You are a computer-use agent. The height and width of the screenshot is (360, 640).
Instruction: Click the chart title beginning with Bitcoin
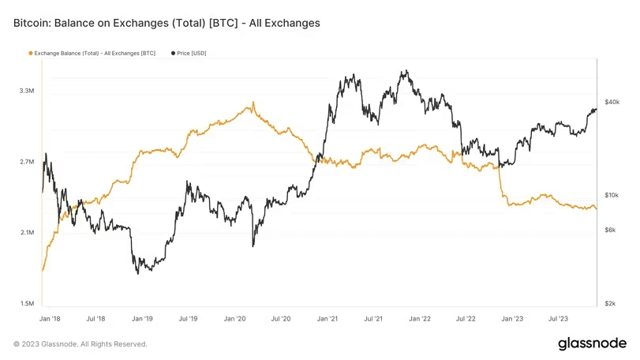[167, 24]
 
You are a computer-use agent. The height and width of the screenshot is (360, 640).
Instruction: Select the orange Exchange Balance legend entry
[92, 53]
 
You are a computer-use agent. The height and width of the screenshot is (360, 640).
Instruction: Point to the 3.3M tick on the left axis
[26, 92]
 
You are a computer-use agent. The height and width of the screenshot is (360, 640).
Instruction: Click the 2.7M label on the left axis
[26, 163]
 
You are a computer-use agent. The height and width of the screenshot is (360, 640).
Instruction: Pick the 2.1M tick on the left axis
[26, 233]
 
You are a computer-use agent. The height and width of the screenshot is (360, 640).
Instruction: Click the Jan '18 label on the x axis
[49, 319]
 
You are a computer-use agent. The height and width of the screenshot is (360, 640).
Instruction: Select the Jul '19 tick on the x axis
[188, 319]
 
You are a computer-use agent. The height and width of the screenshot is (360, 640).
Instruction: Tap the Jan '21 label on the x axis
[327, 319]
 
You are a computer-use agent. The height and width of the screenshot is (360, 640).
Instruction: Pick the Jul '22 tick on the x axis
[466, 319]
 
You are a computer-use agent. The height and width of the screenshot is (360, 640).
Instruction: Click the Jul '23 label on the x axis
[558, 319]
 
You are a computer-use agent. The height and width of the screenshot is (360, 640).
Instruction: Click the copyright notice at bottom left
[80, 344]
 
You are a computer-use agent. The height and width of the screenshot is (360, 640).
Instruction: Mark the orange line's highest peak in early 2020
[253, 102]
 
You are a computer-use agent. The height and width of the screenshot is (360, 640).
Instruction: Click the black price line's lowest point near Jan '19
[138, 273]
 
